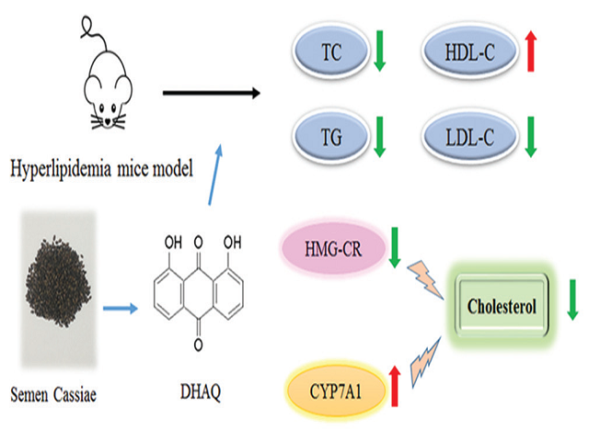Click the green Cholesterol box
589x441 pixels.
coord(502,304)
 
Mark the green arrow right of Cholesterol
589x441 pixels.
coord(572,302)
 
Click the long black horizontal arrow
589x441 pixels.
coord(208,92)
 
